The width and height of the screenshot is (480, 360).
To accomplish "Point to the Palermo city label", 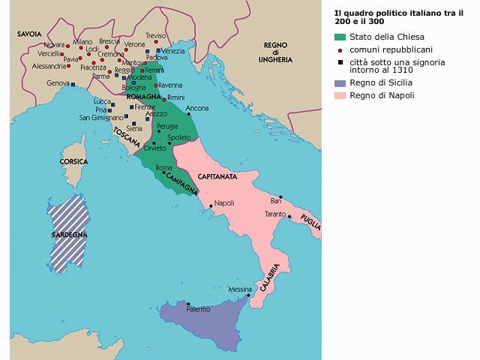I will click(x=198, y=309).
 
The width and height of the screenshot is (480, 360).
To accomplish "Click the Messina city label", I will click(x=240, y=289).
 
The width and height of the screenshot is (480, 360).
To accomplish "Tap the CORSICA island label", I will click(x=74, y=161).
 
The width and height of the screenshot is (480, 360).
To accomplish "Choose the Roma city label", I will click(x=164, y=168).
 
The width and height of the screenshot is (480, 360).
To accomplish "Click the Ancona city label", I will click(x=197, y=108).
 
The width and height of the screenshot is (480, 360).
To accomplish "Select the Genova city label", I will click(x=58, y=83).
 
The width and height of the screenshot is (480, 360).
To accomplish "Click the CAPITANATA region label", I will click(x=217, y=176).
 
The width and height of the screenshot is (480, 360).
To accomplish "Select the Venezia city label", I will click(x=172, y=50).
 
